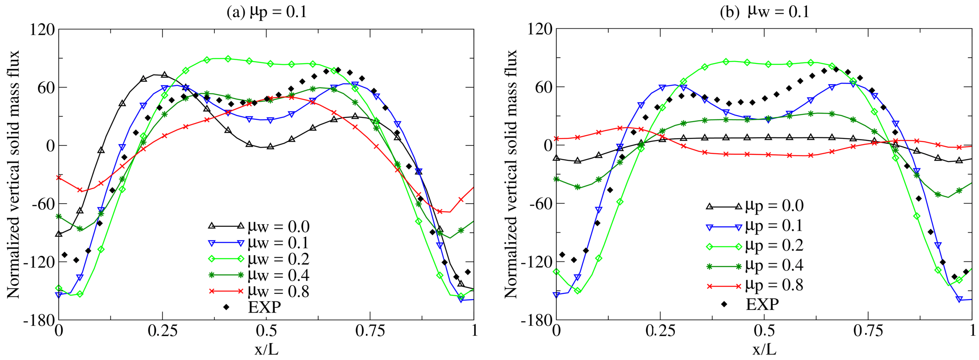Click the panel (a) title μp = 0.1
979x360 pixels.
tap(267, 12)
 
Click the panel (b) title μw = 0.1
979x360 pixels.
tap(765, 12)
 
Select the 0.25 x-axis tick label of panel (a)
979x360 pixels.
tap(162, 331)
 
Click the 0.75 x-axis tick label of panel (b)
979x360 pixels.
tap(868, 331)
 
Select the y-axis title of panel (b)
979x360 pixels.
tap(511, 174)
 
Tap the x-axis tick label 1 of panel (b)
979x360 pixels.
tap(972, 331)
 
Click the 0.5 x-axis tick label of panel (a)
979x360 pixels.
tap(266, 331)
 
